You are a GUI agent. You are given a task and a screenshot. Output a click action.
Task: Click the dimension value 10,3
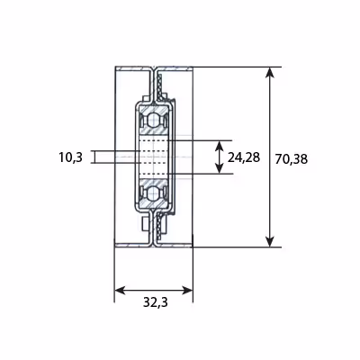pyautogui.click(x=70, y=157)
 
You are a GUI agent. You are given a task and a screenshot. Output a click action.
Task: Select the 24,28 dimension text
pyautogui.click(x=244, y=157)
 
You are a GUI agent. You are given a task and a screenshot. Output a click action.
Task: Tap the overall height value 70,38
pyautogui.click(x=292, y=159)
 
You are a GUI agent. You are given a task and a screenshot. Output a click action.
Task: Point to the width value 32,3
pyautogui.click(x=156, y=302)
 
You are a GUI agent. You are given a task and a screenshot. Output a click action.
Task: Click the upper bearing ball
pyautogui.click(x=153, y=120)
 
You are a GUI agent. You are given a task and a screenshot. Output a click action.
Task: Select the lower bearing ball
pyautogui.click(x=153, y=193)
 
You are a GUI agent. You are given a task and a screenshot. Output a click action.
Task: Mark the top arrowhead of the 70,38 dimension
pyautogui.click(x=270, y=73)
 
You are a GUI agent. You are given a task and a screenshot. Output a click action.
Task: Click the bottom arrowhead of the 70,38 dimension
pyautogui.click(x=270, y=241)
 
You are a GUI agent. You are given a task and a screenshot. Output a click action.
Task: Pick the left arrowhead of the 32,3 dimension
pyautogui.click(x=121, y=291)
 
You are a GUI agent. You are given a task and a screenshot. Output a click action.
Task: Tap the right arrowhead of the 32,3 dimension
pyautogui.click(x=186, y=291)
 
